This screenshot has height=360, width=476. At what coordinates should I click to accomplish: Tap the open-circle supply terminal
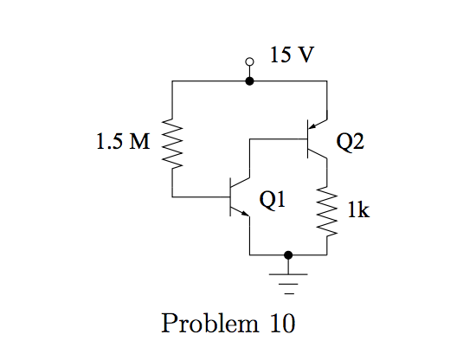tap(250, 62)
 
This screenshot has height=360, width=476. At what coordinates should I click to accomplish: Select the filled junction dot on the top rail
tap(250, 80)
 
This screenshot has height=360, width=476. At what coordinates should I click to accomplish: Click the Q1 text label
tap(273, 201)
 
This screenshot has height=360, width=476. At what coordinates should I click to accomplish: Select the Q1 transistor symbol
tap(235, 197)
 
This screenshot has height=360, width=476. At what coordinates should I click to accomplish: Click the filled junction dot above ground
tap(288, 255)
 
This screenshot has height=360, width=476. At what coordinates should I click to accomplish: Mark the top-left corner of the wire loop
tap(173, 80)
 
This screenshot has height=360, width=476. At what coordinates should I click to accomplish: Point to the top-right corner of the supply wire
tap(327, 80)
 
